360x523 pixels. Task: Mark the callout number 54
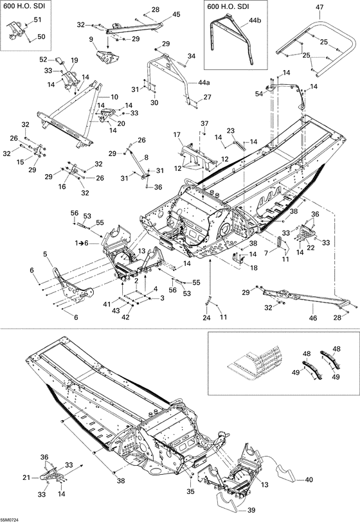click(259, 94)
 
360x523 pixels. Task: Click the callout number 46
click(313, 317)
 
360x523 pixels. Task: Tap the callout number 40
click(309, 479)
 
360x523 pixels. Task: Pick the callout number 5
click(46, 254)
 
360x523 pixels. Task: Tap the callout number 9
click(91, 39)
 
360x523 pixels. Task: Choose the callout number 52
click(43, 60)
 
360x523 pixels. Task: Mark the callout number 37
click(204, 123)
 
